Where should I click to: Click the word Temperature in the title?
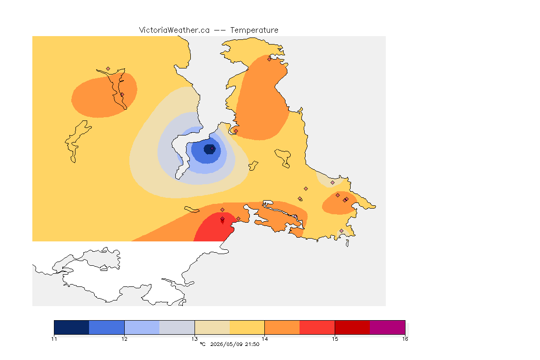tap(254, 30)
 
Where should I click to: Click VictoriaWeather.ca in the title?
tap(174, 30)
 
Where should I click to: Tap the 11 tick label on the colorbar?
tap(54, 339)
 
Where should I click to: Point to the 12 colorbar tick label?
tap(124, 339)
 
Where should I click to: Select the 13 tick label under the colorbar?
tap(195, 339)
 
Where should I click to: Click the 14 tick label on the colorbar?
tap(264, 339)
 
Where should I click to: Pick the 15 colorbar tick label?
tap(335, 339)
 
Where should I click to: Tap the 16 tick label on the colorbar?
tap(405, 339)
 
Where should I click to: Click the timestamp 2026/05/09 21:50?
tap(234, 344)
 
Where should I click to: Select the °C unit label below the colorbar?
tap(202, 344)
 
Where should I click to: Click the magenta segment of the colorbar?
tap(388, 327)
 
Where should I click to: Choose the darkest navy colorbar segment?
tap(72, 327)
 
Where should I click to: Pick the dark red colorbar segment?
tap(352, 327)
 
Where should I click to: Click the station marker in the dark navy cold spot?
tap(212, 149)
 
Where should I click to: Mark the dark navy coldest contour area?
tap(210, 149)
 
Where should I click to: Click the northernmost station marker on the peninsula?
tap(270, 59)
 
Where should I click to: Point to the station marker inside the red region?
tap(223, 219)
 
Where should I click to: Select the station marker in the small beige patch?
tap(332, 183)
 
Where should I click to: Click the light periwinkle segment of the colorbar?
tap(142, 327)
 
